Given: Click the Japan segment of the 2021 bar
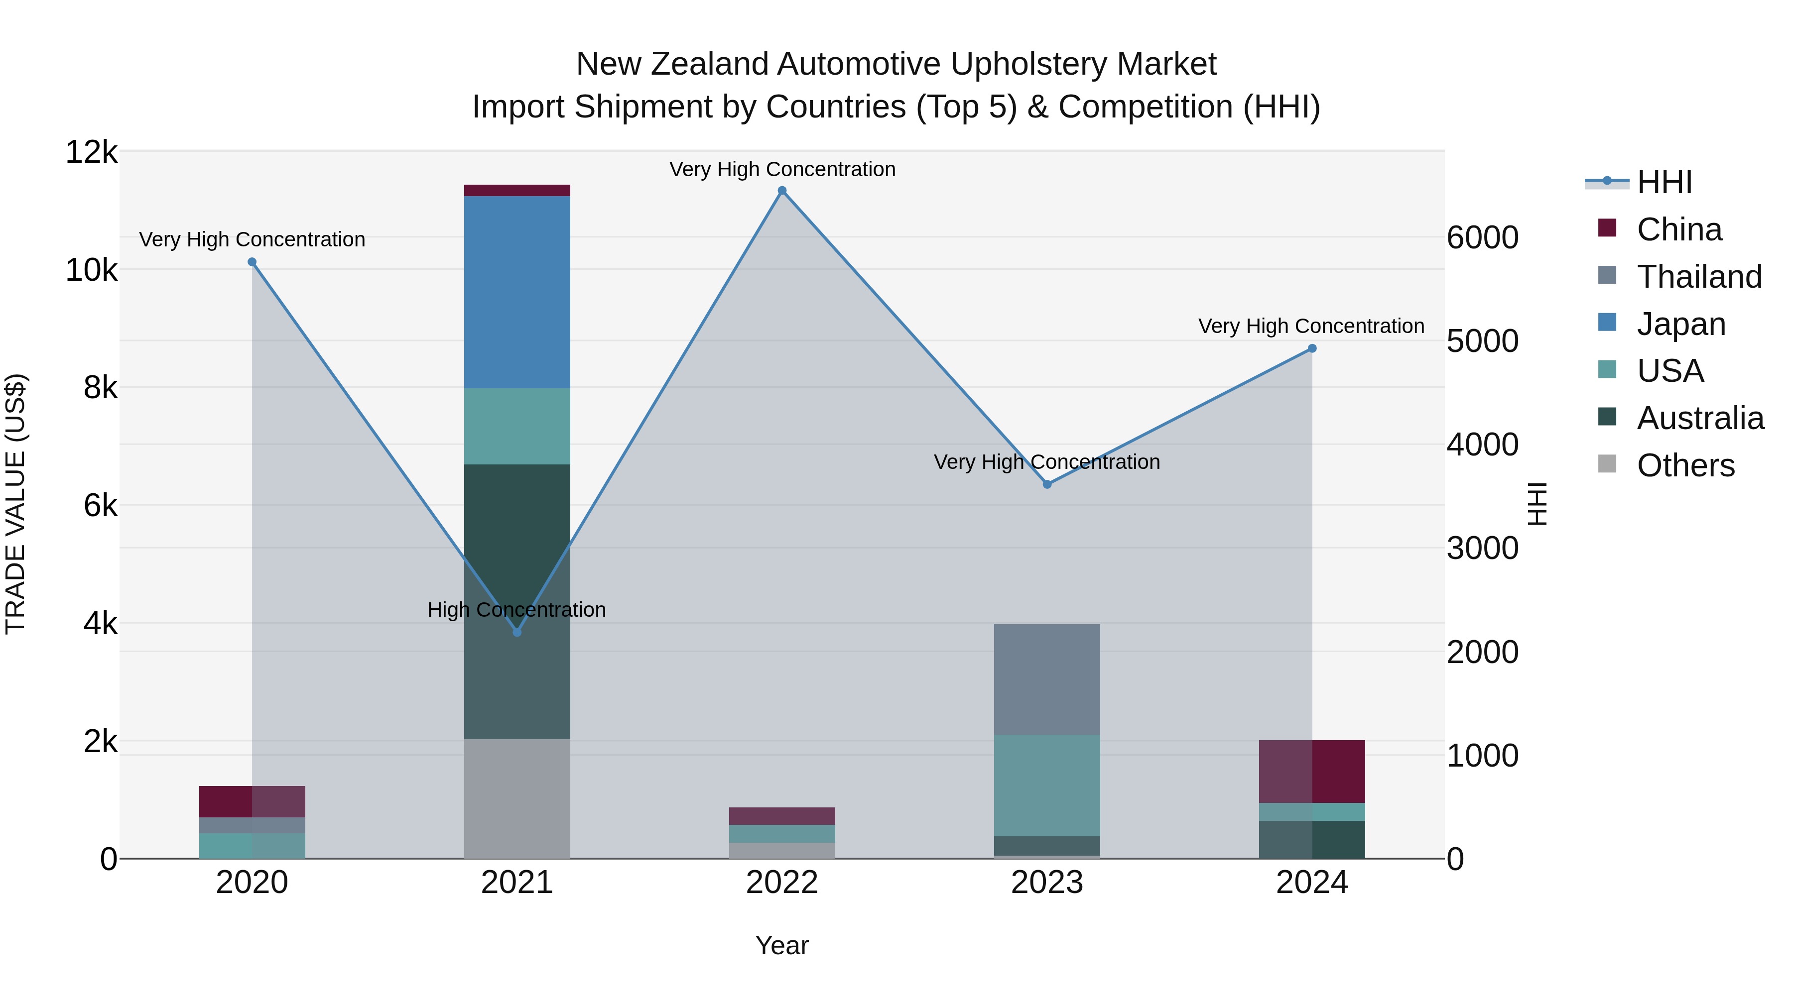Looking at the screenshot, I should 516,292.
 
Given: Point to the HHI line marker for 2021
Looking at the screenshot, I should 516,632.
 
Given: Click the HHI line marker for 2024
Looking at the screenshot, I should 1311,348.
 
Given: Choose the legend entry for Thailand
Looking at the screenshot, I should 1698,277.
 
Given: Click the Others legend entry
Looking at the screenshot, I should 1684,465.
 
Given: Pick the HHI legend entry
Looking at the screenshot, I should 1664,182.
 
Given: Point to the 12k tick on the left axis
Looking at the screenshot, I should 91,152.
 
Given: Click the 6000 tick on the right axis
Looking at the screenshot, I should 1482,238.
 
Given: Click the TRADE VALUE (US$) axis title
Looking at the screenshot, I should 15,504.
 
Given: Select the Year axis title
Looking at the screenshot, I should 781,945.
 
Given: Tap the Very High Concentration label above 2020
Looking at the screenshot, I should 252,239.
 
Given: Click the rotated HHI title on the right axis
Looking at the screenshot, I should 1537,504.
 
